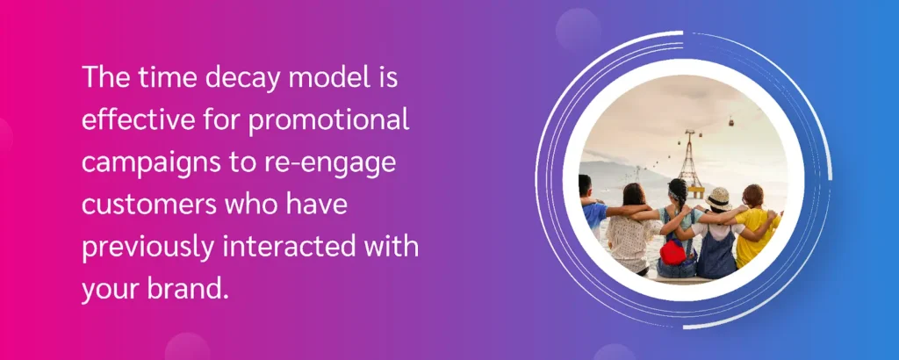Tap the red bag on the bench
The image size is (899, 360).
tap(673, 252)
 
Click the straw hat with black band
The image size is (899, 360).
tap(718, 199)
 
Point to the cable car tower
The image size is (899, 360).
tap(690, 162)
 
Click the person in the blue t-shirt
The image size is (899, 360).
tap(592, 209)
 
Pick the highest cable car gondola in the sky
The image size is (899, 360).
tap(731, 120)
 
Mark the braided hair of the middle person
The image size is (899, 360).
tap(680, 195)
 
